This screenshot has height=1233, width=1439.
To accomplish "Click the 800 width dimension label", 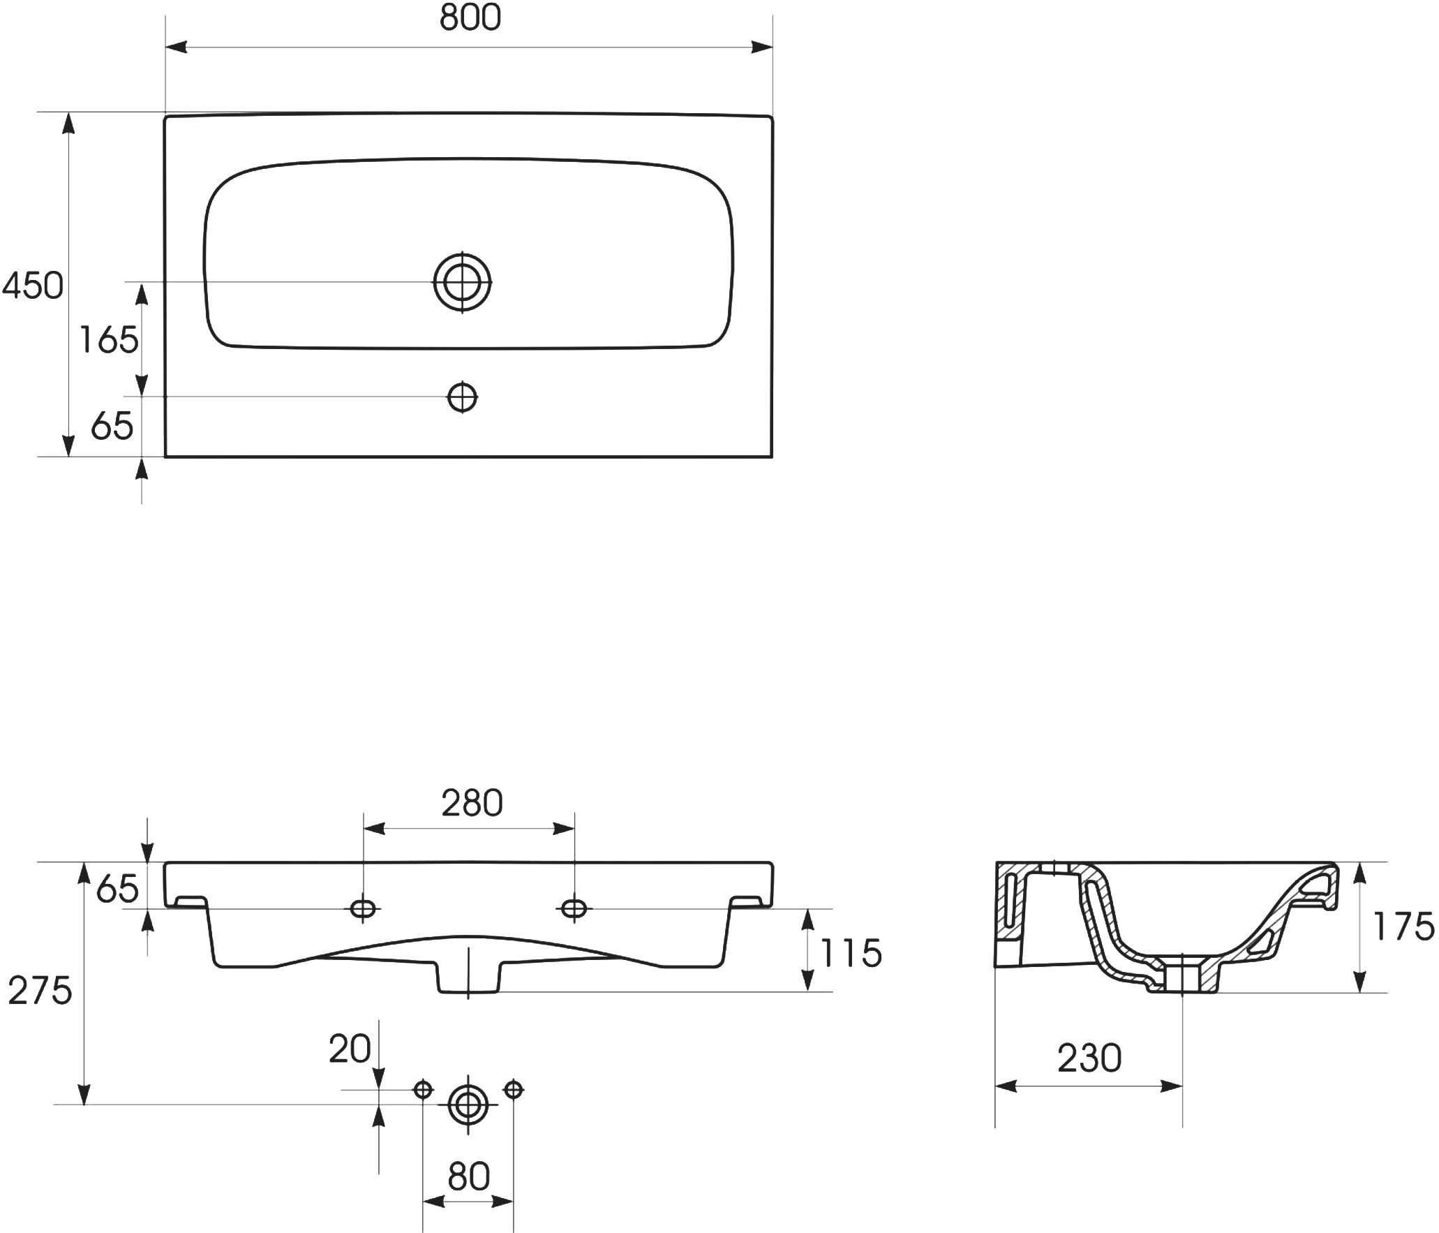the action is [470, 19].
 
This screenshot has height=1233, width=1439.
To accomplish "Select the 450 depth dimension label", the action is [33, 286].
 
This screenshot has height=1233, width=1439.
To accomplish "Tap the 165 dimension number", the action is [109, 340].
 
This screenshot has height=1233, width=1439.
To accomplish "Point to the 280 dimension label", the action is [472, 804].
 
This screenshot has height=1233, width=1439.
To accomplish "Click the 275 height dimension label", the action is [40, 990].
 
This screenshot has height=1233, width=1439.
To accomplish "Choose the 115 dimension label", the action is [851, 954].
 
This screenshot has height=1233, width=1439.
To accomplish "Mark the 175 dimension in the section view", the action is [1403, 927].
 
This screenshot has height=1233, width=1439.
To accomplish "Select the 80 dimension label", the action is [469, 1177].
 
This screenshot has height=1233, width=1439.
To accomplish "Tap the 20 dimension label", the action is [350, 1049].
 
